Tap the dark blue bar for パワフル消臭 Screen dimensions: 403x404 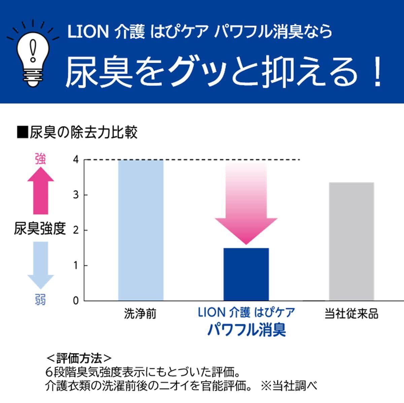[x=246, y=274]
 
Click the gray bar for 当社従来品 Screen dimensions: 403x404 [x=351, y=241]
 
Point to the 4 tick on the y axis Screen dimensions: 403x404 [x=76, y=160]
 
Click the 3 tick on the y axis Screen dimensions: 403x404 [x=76, y=195]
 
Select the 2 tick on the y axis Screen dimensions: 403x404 [x=76, y=230]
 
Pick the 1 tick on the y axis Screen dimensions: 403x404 [x=76, y=266]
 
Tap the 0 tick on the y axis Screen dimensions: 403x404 [x=76, y=301]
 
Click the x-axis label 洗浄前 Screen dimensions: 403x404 [x=140, y=314]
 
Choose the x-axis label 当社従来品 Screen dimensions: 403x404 [x=351, y=314]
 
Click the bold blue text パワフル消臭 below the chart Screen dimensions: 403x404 [x=246, y=330]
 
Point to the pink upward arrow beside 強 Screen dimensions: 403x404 [x=40, y=190]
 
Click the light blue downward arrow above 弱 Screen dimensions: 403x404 [x=40, y=265]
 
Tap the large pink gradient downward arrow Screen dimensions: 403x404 [x=246, y=205]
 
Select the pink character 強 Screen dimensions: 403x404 [x=40, y=159]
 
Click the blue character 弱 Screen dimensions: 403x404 [x=40, y=299]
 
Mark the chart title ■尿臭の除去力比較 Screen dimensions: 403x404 [x=77, y=133]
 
